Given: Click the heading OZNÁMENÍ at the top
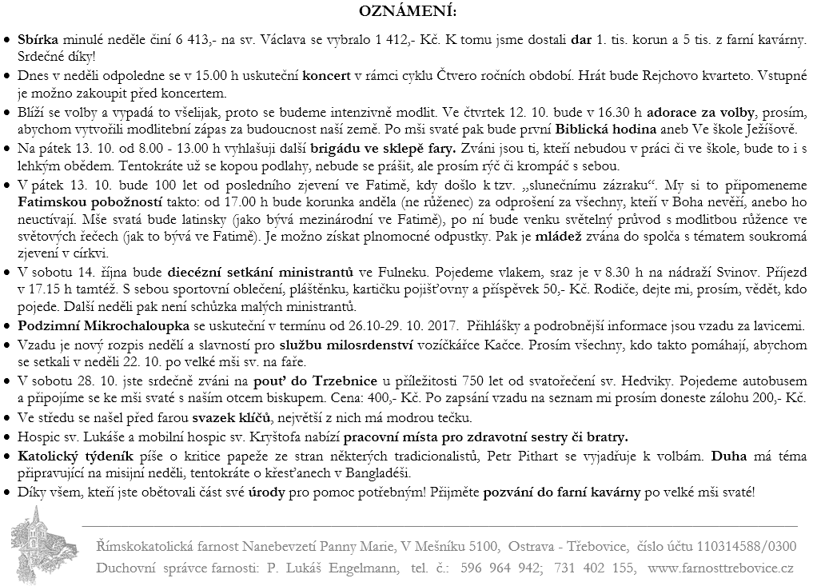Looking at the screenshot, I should [409, 12].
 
